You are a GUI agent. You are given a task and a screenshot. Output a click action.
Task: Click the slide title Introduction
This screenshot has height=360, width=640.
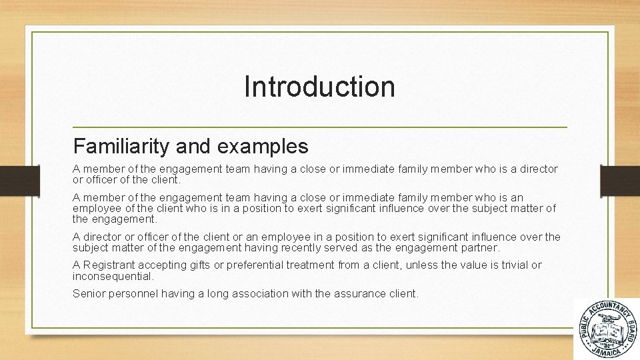pos(319,87)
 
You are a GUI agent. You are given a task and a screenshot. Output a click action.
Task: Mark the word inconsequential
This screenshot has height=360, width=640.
pos(113,276)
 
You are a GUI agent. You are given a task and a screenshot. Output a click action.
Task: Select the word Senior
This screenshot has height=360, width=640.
pos(89,293)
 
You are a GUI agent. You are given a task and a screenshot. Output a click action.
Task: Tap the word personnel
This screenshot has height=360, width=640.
pos(133,293)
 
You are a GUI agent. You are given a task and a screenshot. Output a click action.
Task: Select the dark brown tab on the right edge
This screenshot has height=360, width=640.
pos(620,181)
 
